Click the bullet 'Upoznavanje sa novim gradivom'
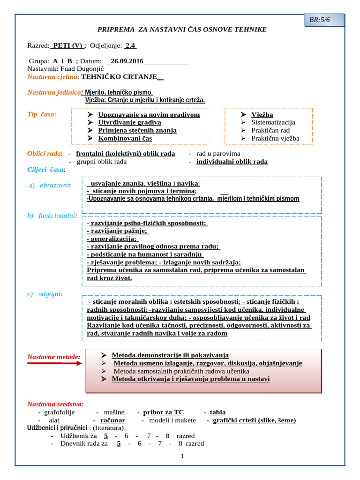pyautogui.click(x=149, y=115)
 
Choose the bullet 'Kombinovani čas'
pyautogui.click(x=125, y=138)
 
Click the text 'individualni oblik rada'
pyautogui.click(x=232, y=162)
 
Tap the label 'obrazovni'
pyautogui.click(x=55, y=186)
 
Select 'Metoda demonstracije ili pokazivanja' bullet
pyautogui.click(x=170, y=355)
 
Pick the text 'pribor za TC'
pyautogui.click(x=163, y=412)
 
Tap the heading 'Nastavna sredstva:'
pyautogui.click(x=55, y=404)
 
